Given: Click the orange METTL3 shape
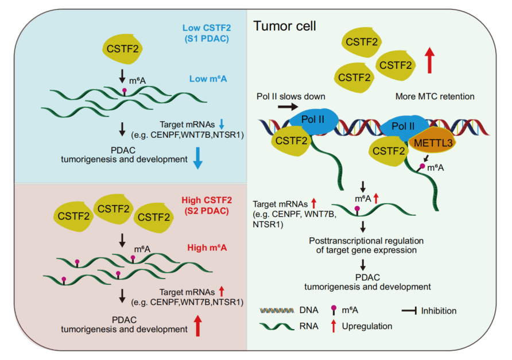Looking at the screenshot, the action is (433, 142).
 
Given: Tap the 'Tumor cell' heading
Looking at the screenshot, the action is (284, 26).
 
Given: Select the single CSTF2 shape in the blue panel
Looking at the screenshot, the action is (122, 49).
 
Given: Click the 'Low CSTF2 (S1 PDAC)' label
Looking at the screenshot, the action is (207, 33).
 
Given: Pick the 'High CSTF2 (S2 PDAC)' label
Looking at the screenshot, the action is (207, 205).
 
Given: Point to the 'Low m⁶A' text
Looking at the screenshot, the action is (208, 79).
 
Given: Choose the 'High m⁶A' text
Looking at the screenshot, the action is (207, 247).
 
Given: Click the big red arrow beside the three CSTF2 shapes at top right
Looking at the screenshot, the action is (430, 60).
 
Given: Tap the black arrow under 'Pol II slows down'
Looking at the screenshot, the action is (288, 106).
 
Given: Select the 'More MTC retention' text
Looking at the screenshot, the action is (435, 96).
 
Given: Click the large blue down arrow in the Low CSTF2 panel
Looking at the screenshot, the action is (197, 158).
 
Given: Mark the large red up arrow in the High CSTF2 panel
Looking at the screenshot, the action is (197, 326).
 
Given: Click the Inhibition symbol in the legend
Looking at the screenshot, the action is (409, 311).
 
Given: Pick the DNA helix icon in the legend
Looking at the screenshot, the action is (277, 311).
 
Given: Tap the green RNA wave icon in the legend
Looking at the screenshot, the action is (277, 326).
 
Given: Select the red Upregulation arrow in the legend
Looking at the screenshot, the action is (333, 326).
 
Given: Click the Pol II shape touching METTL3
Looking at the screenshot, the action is (405, 127).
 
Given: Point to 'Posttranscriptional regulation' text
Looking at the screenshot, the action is (366, 241).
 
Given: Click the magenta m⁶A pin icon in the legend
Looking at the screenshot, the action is (333, 310).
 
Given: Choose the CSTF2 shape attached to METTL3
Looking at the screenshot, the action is (388, 151).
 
